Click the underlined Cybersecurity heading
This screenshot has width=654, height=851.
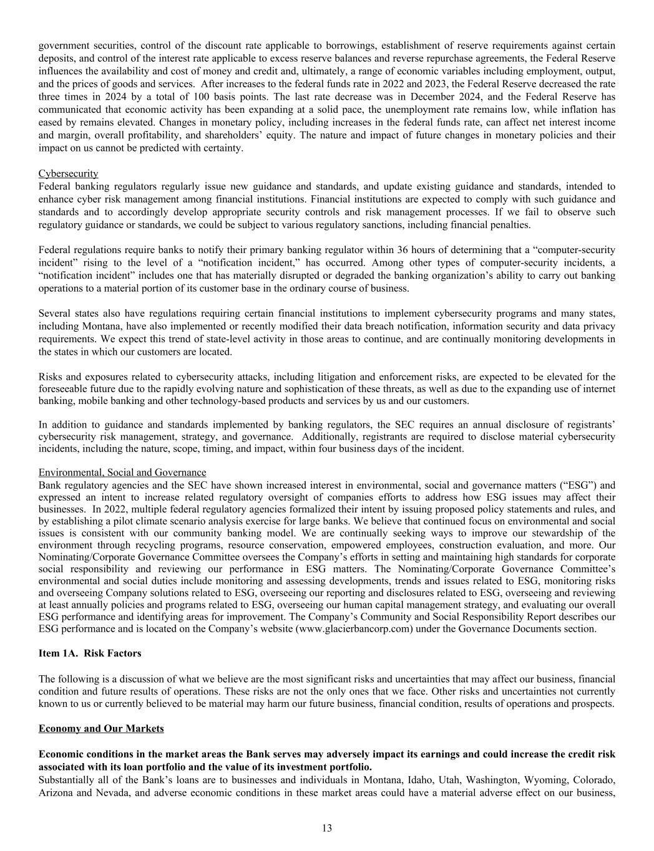[x=68, y=173]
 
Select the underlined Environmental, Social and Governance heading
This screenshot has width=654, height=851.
[x=122, y=473]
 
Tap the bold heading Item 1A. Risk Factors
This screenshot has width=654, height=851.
[x=90, y=653]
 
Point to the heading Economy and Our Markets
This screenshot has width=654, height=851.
[x=101, y=729]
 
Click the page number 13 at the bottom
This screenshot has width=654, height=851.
[x=327, y=828]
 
